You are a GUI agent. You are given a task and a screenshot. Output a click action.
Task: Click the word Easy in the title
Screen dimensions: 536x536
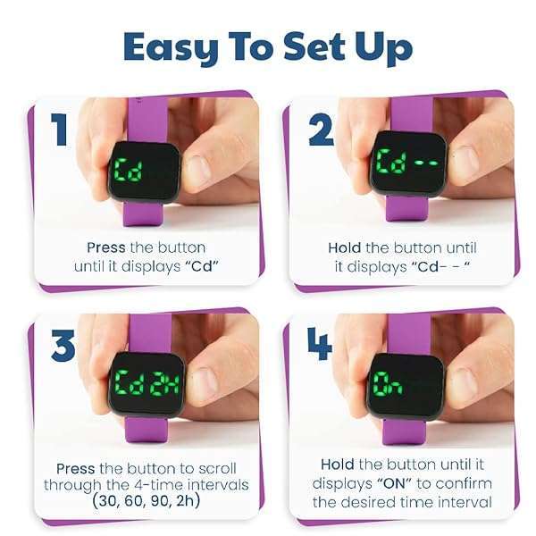click(171, 46)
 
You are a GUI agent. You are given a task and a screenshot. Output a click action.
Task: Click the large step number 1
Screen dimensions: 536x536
click(59, 130)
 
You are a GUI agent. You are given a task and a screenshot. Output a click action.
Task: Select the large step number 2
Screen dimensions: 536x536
click(321, 130)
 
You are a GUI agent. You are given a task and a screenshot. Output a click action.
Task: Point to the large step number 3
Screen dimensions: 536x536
click(63, 345)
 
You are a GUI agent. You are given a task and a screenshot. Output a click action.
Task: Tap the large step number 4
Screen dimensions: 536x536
click(319, 344)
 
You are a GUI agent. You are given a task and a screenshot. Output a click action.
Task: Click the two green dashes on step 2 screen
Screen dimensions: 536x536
click(426, 163)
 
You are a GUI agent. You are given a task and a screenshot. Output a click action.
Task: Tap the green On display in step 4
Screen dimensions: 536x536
click(388, 384)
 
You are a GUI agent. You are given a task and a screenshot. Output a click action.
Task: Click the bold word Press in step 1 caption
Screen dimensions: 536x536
click(106, 247)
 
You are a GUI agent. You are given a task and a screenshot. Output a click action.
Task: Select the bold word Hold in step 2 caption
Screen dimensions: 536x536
click(344, 247)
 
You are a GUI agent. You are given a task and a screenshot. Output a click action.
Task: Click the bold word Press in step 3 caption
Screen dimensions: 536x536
click(76, 468)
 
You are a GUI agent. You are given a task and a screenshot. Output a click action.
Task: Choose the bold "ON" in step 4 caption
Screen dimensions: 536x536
click(395, 483)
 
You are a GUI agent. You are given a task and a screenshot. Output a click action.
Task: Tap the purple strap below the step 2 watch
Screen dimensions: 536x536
click(406, 208)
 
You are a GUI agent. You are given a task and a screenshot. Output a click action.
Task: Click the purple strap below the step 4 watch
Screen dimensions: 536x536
click(404, 432)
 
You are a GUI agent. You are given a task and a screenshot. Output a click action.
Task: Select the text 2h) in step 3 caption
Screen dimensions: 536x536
click(188, 501)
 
